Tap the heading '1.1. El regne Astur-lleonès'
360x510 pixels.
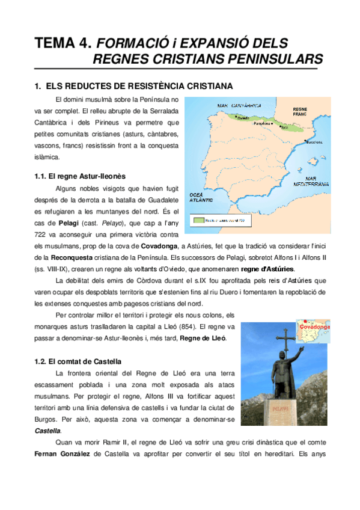pyautogui.click(x=81, y=176)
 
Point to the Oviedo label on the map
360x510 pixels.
pyautogui.click(x=243, y=118)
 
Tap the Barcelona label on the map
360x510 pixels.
pyautogui.click(x=315, y=143)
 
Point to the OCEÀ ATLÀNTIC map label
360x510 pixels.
pyautogui.click(x=202, y=198)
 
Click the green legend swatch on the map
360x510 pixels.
pyautogui.click(x=199, y=220)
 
